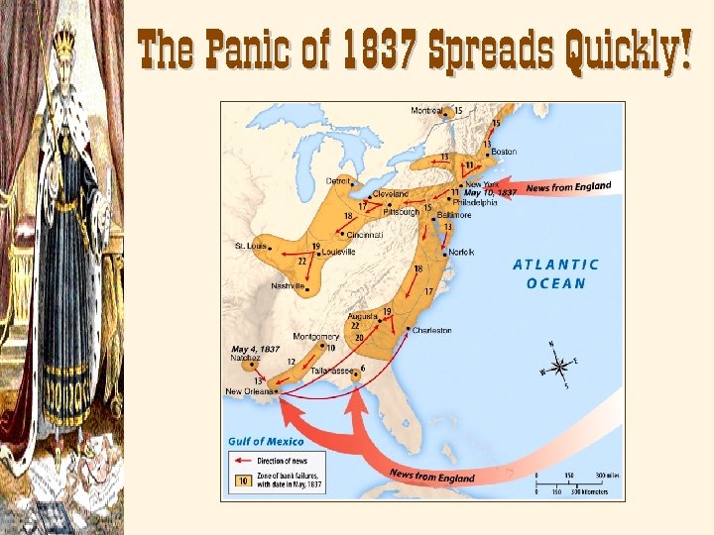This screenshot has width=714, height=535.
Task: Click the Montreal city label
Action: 427,110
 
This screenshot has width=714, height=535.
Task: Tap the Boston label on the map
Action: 504,152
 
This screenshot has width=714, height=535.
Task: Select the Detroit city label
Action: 338,181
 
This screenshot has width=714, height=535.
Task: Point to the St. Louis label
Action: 250,245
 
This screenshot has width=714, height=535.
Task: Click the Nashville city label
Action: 288,286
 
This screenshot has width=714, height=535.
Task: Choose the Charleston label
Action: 432,330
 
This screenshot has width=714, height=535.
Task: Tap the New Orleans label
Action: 247,391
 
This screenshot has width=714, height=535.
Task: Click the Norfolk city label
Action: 461,252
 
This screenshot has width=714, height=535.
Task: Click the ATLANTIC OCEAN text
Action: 555,273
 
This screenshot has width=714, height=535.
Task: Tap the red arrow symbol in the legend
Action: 241,461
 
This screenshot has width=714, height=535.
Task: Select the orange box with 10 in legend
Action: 239,481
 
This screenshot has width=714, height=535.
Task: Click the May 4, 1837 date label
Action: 255,350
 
